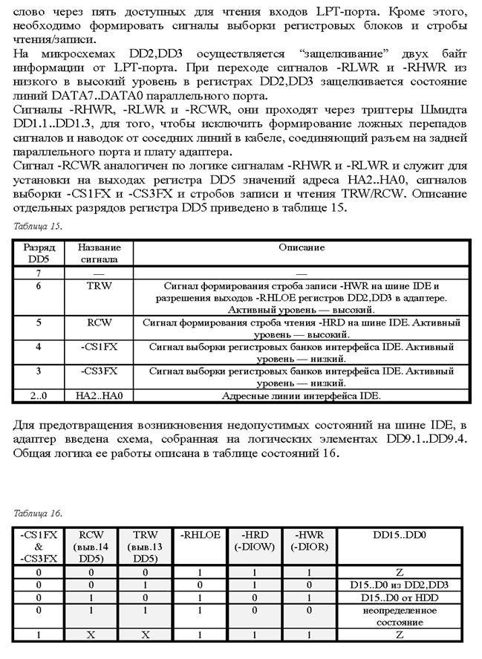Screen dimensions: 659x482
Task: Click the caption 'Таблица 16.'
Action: click(37, 513)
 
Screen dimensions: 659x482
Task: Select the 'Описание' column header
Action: click(302, 247)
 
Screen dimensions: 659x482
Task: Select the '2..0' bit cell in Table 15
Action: click(37, 396)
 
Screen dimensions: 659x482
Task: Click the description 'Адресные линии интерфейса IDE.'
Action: click(302, 396)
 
